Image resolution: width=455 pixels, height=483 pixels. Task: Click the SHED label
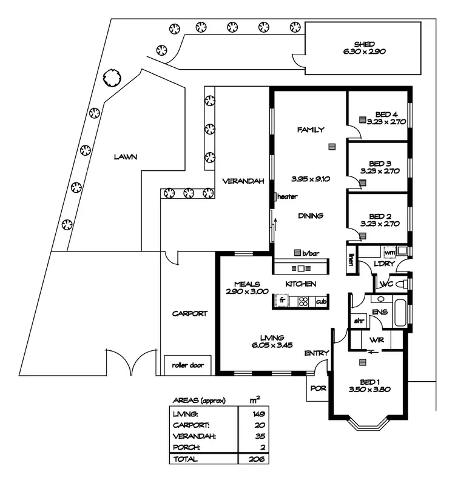(x=364, y=44)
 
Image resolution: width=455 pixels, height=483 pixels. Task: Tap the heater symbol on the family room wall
(x=275, y=196)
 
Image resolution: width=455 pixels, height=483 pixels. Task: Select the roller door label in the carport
(x=187, y=365)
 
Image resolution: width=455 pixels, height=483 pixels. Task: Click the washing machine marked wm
(x=389, y=252)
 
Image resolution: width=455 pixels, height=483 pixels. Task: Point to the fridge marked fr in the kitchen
(x=282, y=300)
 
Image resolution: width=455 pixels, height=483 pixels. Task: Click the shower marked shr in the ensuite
(x=359, y=321)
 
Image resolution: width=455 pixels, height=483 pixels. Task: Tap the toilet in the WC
(x=401, y=284)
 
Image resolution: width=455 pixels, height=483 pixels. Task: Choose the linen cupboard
(x=351, y=259)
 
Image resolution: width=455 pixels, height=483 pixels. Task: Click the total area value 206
(x=257, y=459)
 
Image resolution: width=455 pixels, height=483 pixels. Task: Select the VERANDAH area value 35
(x=260, y=436)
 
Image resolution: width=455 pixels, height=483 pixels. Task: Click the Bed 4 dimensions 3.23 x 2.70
(x=386, y=122)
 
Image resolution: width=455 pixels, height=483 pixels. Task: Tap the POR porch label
(x=318, y=388)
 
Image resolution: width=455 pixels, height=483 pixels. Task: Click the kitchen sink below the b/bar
(x=301, y=268)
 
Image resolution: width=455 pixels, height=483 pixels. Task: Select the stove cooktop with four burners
(x=303, y=301)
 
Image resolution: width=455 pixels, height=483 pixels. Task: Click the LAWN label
(x=126, y=157)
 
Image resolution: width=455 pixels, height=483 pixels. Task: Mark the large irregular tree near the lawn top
(x=112, y=78)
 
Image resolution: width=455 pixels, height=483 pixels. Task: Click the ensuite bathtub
(x=400, y=312)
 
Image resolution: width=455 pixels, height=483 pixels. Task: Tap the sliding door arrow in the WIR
(x=373, y=351)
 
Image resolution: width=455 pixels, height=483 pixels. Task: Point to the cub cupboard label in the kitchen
(x=321, y=302)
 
